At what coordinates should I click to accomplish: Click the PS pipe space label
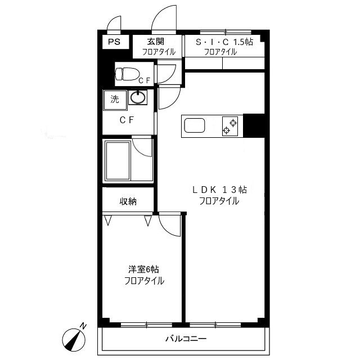coord(114,42)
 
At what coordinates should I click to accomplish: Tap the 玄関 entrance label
coord(155,42)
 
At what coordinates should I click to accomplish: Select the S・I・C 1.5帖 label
coord(224,42)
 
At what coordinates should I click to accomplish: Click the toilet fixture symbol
coord(128,74)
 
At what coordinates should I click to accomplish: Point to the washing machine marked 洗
coord(115,100)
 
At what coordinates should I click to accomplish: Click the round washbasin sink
coord(138,97)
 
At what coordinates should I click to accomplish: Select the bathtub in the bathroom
coord(118,160)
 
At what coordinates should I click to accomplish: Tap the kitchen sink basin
coord(195,125)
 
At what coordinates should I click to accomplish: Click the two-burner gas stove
coord(230,126)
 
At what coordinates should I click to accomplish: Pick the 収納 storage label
coord(128,201)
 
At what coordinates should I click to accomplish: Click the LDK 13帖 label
coord(219,190)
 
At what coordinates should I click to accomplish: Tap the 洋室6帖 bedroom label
coord(143,269)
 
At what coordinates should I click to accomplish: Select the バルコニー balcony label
coord(186,339)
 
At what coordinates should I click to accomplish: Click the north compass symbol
coord(74,340)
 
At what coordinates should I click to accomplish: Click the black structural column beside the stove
coord(254,125)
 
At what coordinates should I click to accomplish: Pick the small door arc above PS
coord(112,20)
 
